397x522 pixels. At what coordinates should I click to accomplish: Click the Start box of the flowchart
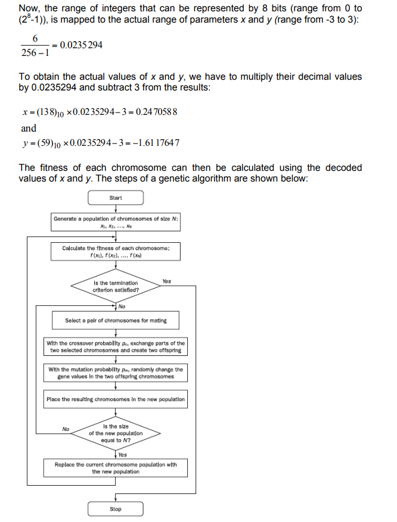(116, 198)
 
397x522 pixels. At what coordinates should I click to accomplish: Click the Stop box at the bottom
(116, 509)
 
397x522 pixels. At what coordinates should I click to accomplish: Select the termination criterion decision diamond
(116, 286)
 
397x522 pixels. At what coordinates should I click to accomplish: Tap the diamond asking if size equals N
(116, 433)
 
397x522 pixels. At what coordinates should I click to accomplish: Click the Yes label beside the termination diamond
(166, 281)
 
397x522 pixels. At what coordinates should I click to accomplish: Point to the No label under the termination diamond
(122, 307)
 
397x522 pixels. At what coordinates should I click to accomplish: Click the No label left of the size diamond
(66, 429)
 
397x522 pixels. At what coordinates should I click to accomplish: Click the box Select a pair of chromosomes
(116, 320)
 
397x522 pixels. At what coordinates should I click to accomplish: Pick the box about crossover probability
(116, 346)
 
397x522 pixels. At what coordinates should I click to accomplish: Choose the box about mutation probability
(116, 373)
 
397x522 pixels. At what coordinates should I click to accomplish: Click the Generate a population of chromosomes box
(116, 222)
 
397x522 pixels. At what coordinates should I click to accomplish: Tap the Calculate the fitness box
(116, 251)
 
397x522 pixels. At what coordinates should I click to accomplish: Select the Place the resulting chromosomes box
(116, 399)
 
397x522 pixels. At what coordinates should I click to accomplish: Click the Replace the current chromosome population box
(116, 467)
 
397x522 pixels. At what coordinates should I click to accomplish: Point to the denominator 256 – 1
(35, 53)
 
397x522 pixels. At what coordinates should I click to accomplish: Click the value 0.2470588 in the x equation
(156, 112)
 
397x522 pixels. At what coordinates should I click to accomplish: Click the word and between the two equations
(28, 128)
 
